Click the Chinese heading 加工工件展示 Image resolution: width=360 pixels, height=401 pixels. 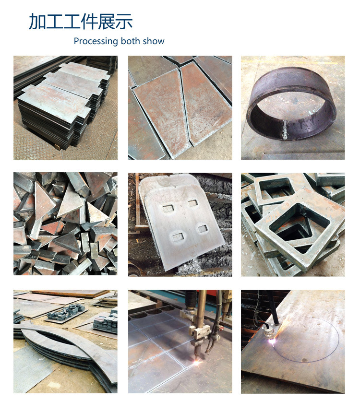click(x=81, y=22)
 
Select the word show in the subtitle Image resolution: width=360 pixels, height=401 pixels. click(x=154, y=41)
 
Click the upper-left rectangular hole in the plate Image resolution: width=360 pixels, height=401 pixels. click(x=168, y=208)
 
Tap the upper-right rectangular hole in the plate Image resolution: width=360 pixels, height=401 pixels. click(x=192, y=203)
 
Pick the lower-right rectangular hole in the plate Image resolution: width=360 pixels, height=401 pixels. click(x=203, y=228)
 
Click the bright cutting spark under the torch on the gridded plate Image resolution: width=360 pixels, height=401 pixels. click(x=197, y=362)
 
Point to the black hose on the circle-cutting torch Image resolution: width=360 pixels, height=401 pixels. click(x=273, y=307)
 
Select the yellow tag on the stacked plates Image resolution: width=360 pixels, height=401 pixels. click(x=57, y=147)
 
